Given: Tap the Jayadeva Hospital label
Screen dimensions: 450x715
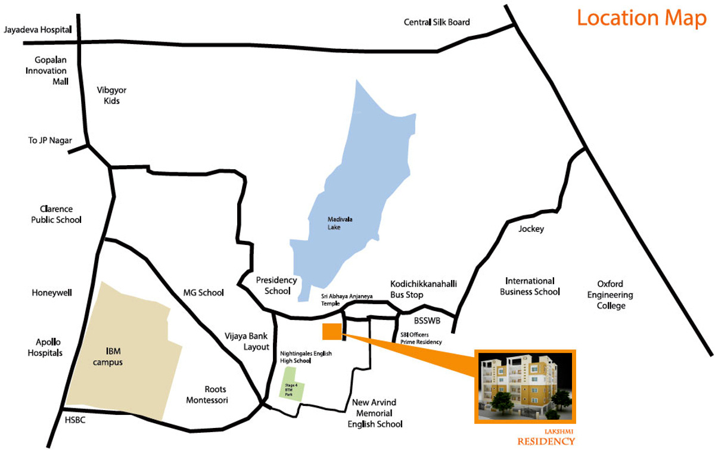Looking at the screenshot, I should [37, 29].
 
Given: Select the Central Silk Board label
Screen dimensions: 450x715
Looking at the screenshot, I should [437, 23].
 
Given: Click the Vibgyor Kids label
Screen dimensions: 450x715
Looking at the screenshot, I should [111, 95].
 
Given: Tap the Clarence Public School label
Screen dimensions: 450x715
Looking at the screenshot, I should [57, 215].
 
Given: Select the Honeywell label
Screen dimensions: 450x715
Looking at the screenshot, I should [52, 293].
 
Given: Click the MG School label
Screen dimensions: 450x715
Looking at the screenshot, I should [203, 293].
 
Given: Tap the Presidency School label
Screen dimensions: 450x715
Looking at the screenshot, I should [276, 285].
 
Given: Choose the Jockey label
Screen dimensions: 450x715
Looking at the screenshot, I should [531, 229].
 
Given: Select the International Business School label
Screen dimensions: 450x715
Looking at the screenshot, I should [530, 286].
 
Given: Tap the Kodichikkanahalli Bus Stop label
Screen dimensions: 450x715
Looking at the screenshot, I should [415, 289].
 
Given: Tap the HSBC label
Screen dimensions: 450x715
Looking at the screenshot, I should [76, 420].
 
